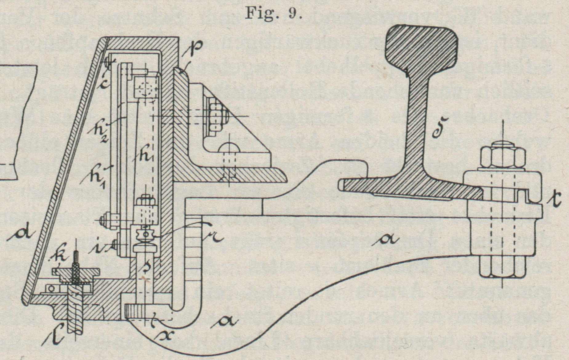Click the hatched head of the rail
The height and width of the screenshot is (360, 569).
tap(421, 43)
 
